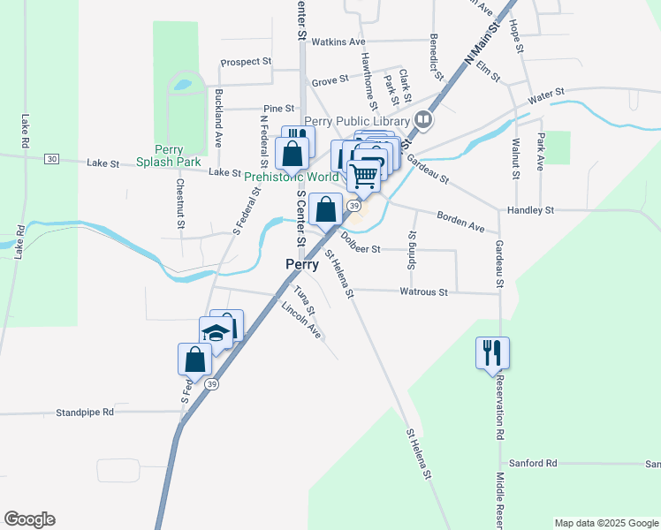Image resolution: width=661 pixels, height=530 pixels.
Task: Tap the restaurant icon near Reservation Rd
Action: (x=492, y=353)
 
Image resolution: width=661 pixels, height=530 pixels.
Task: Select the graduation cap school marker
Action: (x=215, y=333)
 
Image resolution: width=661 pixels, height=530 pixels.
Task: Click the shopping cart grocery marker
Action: (x=363, y=175)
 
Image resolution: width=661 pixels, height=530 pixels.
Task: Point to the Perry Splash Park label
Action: (x=169, y=155)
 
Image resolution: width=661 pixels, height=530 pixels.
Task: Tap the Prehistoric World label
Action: (x=292, y=177)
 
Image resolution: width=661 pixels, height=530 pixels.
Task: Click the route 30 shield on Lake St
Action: (x=52, y=159)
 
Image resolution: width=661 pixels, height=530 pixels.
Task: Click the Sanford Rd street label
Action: (x=533, y=463)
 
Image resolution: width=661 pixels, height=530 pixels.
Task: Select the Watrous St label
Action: (x=424, y=291)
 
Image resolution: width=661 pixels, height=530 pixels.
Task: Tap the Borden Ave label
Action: (x=461, y=221)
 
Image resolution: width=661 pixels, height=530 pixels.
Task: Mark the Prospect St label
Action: (x=247, y=62)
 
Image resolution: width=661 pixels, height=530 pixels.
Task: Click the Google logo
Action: (x=29, y=519)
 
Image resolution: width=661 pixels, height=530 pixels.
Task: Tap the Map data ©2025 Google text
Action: (x=606, y=523)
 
